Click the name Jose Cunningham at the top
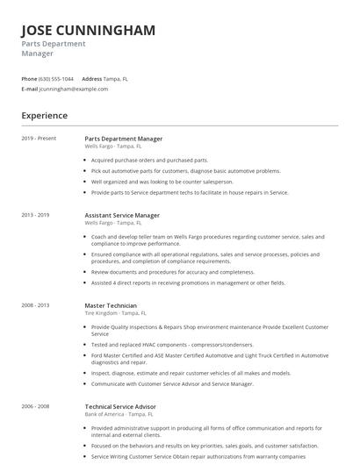(x=88, y=30)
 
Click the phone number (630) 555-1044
(x=57, y=78)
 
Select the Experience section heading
(x=45, y=115)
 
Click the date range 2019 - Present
(x=39, y=138)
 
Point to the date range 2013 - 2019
(x=36, y=214)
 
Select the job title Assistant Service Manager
(x=122, y=215)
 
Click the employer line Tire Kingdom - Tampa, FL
(x=116, y=312)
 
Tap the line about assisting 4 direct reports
(x=188, y=283)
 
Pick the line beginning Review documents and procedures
(x=172, y=272)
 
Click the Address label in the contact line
(x=92, y=78)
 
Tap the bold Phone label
(x=29, y=78)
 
